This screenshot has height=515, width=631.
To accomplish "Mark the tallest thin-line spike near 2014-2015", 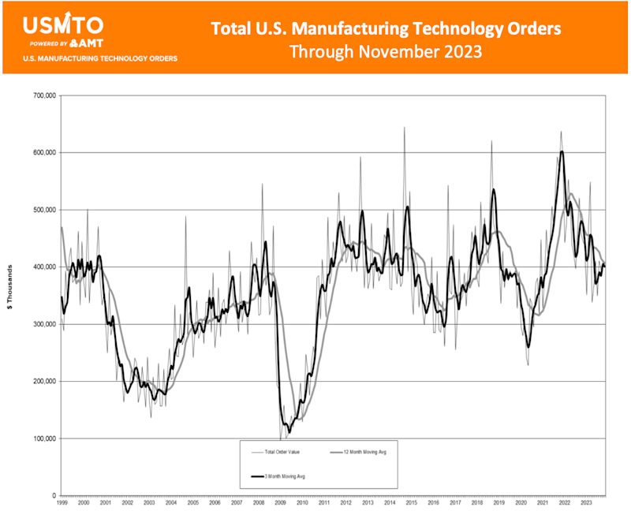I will pyautogui.click(x=405, y=128).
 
